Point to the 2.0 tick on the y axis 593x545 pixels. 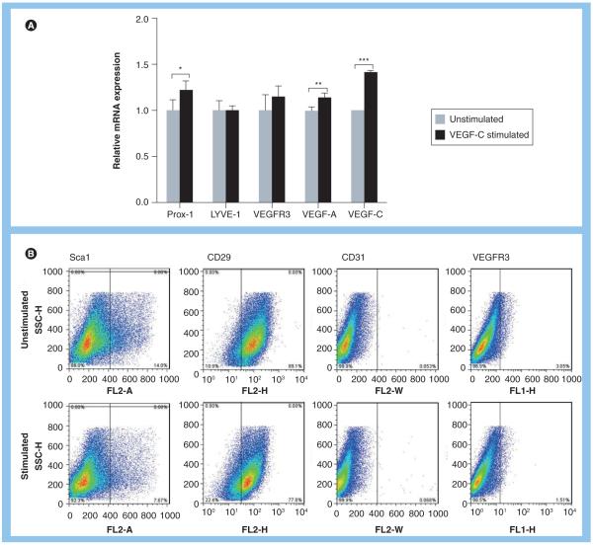coord(141,19)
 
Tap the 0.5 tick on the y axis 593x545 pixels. coord(141,156)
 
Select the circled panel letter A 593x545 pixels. coord(31,25)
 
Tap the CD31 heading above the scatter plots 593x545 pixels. coord(322,253)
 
